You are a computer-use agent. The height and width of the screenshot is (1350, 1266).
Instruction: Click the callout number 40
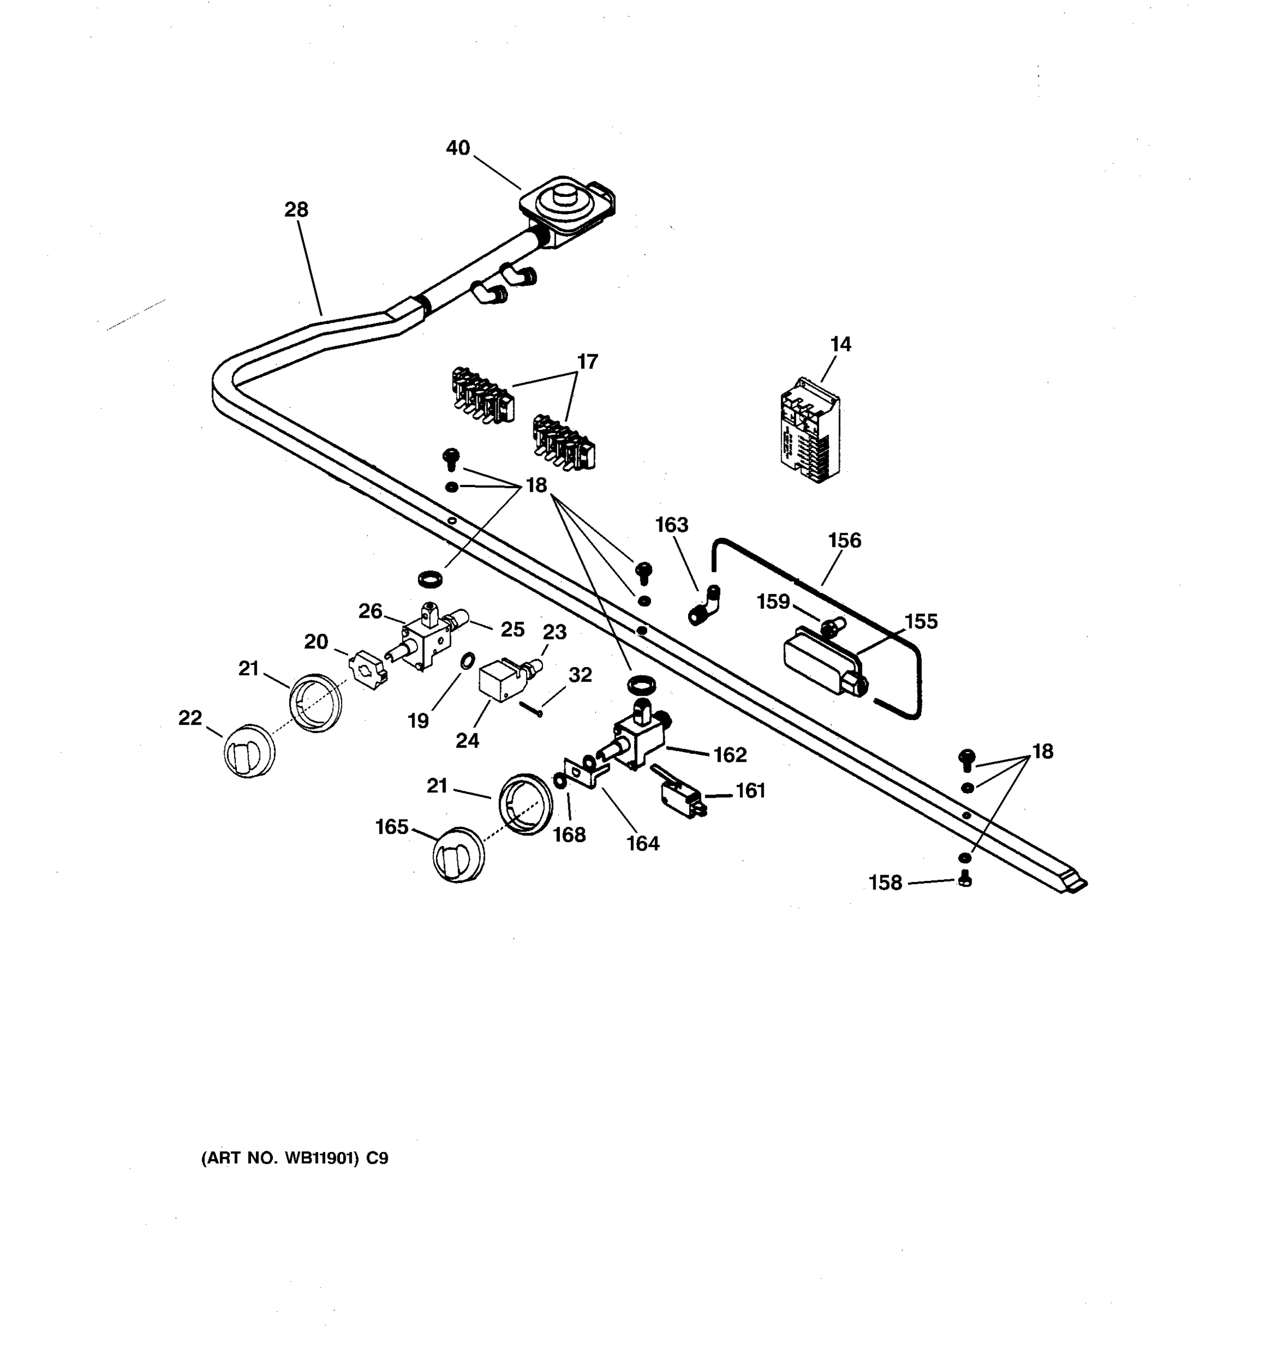[x=458, y=148]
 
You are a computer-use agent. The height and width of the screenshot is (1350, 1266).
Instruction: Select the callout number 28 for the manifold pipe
[x=296, y=210]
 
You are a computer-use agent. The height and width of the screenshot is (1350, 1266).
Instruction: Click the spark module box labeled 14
[x=810, y=430]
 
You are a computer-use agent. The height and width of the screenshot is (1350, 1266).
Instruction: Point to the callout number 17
[x=587, y=362]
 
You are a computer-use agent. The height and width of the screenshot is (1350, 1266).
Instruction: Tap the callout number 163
[x=671, y=525]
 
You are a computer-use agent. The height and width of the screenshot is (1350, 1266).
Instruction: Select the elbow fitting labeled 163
[x=706, y=605]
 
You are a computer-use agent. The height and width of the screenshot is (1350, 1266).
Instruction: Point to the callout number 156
[x=844, y=541]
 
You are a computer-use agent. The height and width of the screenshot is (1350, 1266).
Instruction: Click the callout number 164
[x=643, y=843]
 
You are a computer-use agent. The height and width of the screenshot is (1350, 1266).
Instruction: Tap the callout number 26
[x=370, y=611]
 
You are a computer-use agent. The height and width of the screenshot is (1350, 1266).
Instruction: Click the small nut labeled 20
[x=367, y=669]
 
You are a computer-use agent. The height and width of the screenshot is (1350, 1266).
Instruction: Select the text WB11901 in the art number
[x=321, y=1158]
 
